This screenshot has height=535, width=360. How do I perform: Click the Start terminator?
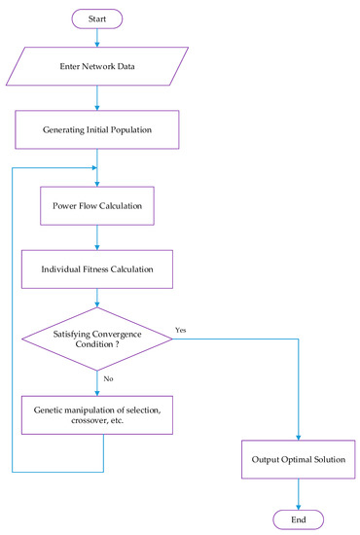[96, 18]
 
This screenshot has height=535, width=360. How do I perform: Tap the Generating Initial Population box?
[96, 129]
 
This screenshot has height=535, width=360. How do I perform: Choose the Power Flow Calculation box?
[96, 206]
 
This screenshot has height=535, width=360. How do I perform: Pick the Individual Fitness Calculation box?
[96, 266]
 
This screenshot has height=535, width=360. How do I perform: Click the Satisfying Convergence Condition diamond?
[96, 338]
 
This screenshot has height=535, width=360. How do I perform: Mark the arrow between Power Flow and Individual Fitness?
[96, 236]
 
